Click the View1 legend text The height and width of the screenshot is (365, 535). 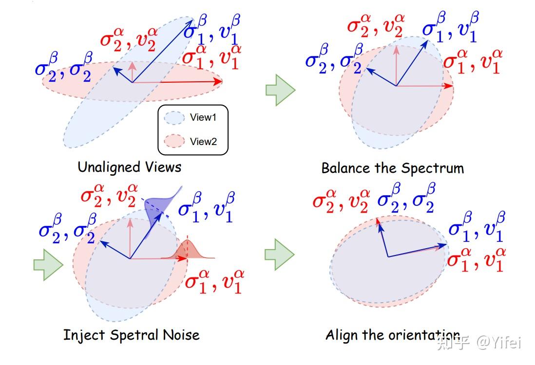[x=203, y=118]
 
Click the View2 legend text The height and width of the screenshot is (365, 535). [x=203, y=142]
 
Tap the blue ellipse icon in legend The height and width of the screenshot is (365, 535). [x=174, y=118]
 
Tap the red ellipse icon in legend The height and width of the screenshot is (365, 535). [x=174, y=142]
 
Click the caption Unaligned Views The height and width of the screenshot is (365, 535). [x=129, y=167]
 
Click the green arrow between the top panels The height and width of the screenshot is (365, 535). [x=281, y=90]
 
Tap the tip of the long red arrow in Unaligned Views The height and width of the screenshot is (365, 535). [x=220, y=82]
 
